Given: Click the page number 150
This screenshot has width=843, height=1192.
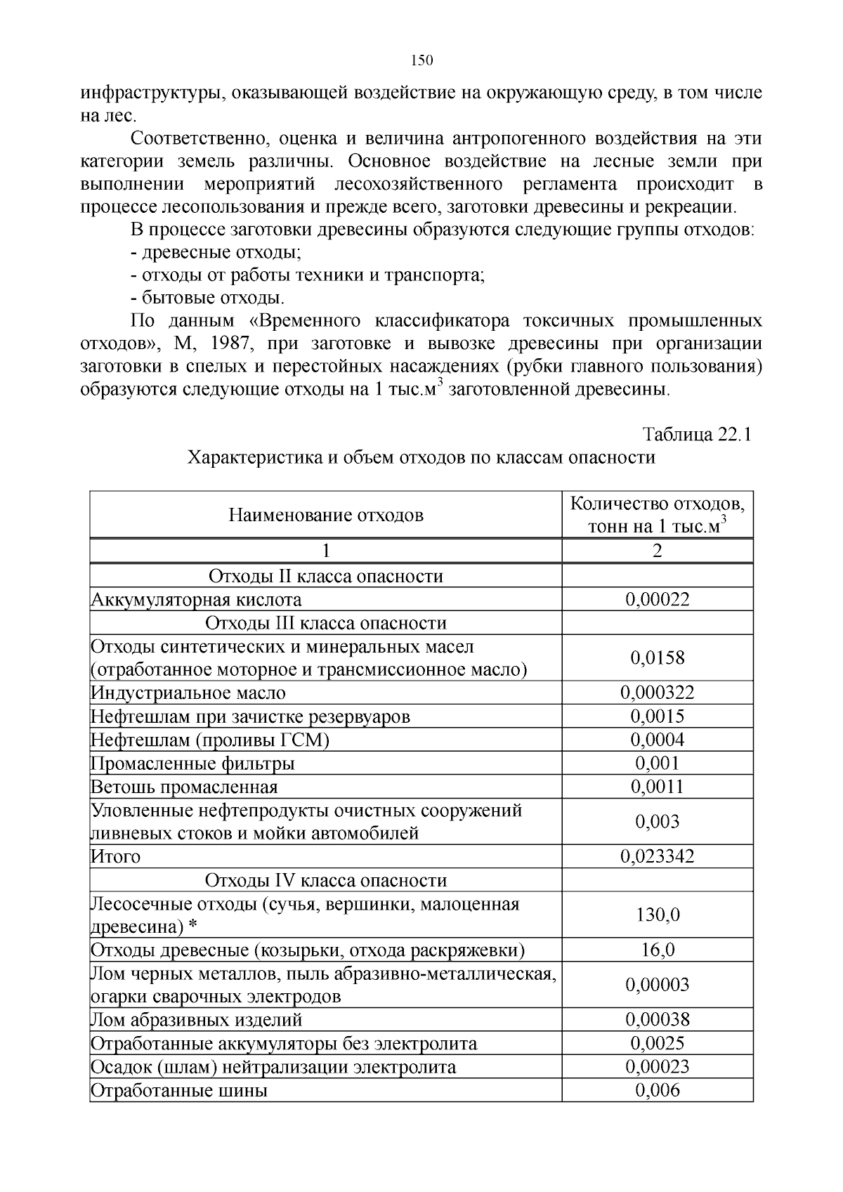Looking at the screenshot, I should pyautogui.click(x=421, y=60).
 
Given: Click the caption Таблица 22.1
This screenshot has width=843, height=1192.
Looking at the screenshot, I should pyautogui.click(x=697, y=434).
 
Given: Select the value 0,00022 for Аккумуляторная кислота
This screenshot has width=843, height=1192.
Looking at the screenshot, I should pyautogui.click(x=657, y=599).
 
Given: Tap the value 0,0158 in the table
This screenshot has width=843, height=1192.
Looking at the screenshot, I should pyautogui.click(x=657, y=657).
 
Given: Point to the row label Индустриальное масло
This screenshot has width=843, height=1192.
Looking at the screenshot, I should pyautogui.click(x=188, y=693).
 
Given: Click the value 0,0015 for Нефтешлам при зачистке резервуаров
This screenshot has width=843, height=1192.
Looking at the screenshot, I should pyautogui.click(x=657, y=716).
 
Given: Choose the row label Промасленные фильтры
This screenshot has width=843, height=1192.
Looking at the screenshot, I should pyautogui.click(x=192, y=763).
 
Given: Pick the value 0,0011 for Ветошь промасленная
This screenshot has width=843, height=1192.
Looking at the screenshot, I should pyautogui.click(x=657, y=786).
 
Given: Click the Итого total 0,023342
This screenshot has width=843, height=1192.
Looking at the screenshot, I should pyautogui.click(x=657, y=856).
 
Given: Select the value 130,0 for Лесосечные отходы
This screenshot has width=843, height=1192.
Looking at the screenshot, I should pyautogui.click(x=657, y=915).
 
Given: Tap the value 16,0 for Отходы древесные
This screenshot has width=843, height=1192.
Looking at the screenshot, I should pyautogui.click(x=657, y=950).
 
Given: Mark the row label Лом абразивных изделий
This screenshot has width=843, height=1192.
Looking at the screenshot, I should pyautogui.click(x=197, y=1019).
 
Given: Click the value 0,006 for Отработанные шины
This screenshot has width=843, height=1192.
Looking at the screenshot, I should pyautogui.click(x=657, y=1089).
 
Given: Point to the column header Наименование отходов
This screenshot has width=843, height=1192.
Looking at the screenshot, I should pyautogui.click(x=325, y=516).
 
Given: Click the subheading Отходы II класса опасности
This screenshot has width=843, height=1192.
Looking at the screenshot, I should pyautogui.click(x=325, y=576).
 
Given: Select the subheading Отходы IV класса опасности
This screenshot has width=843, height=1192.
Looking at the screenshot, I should pyautogui.click(x=325, y=880).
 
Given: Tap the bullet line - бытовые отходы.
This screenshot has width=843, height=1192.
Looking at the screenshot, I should pyautogui.click(x=207, y=297).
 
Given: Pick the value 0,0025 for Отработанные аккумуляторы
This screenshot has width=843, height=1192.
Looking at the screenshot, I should pyautogui.click(x=657, y=1043).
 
